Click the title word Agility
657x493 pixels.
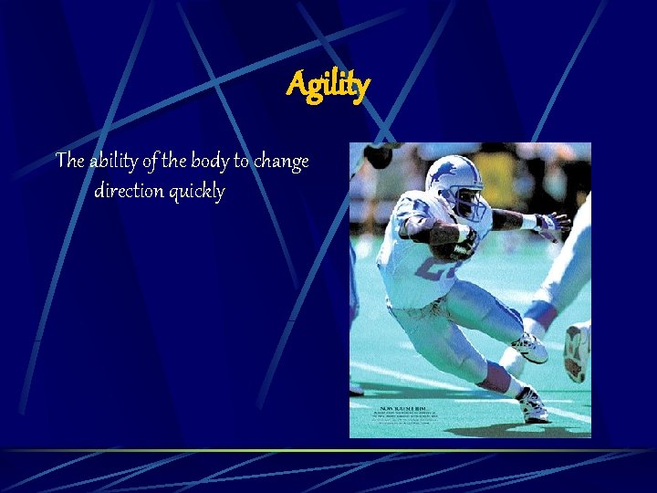click(328, 86)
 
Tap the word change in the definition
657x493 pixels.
click(281, 162)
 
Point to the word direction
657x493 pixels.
click(130, 192)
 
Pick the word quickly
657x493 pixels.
click(196, 193)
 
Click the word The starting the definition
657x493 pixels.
click(70, 162)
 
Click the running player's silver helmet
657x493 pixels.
click(452, 178)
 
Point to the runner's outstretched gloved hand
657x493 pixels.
click(553, 225)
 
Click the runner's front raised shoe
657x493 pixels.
click(530, 347)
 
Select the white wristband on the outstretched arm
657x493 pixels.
click(528, 221)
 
